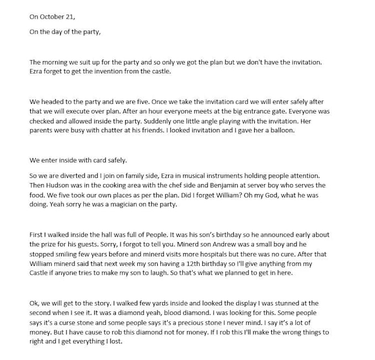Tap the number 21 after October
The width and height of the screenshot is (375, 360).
coord(70,17)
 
